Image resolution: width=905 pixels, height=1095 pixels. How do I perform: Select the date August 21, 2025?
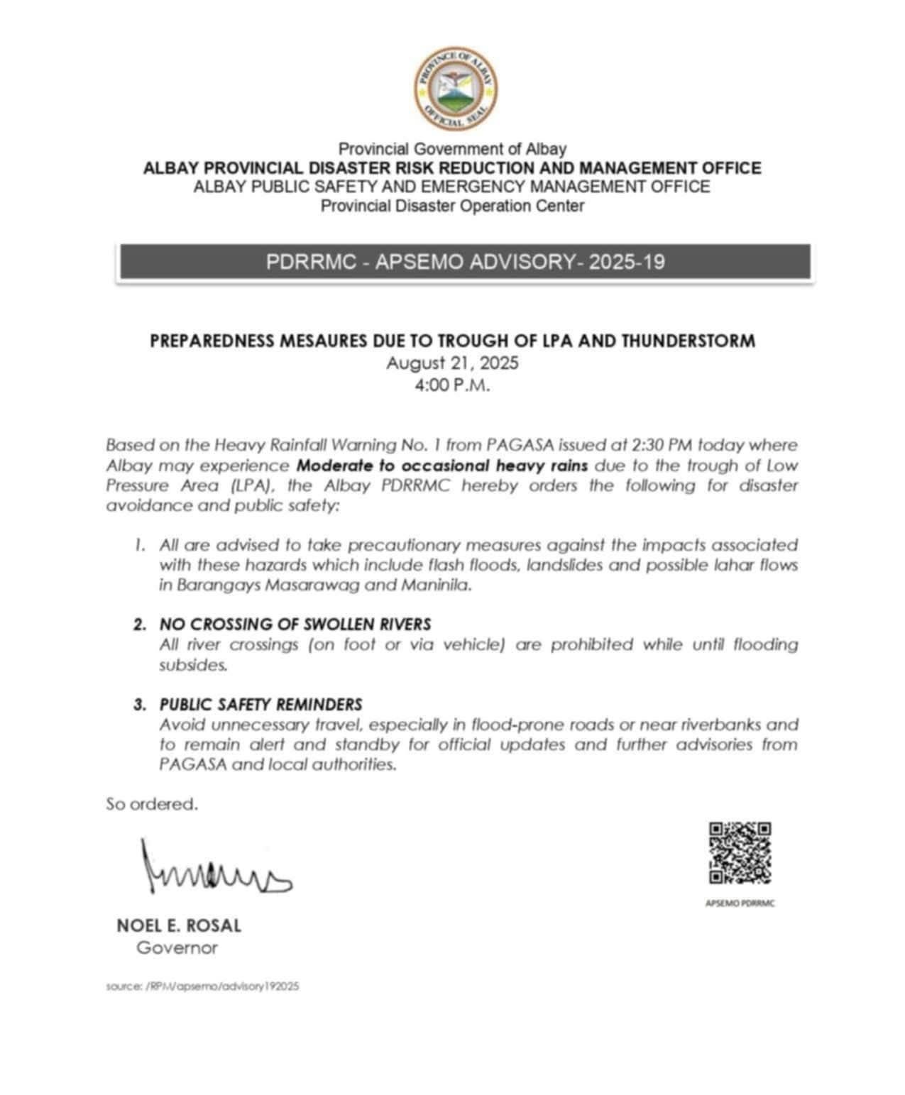click(452, 363)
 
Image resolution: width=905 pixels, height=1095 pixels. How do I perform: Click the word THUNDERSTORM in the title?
click(687, 341)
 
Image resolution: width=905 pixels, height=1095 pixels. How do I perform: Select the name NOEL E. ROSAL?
click(179, 925)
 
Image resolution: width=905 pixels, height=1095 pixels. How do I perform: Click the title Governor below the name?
click(177, 947)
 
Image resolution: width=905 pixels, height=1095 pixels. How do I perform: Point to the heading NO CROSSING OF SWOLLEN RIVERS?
click(295, 624)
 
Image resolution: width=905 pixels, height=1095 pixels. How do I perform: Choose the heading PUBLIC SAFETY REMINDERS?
click(260, 705)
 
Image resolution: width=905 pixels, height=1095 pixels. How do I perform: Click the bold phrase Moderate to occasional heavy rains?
click(441, 466)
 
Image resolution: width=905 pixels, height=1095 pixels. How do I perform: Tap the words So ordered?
click(152, 804)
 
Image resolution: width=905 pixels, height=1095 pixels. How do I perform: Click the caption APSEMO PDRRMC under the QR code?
click(740, 903)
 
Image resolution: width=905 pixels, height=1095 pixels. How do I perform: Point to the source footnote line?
click(202, 986)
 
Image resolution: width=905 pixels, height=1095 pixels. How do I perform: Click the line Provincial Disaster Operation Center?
click(452, 206)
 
